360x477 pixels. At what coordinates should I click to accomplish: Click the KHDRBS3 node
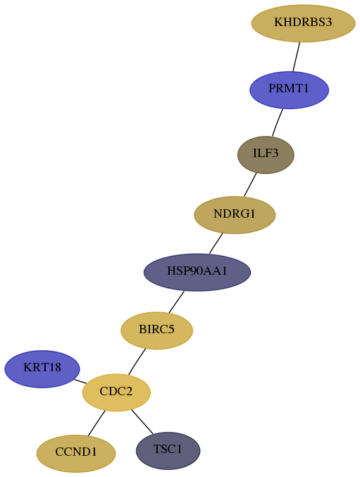click(x=303, y=23)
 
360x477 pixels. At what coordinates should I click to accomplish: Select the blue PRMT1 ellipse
click(x=289, y=90)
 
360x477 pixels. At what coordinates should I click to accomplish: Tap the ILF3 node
click(x=266, y=155)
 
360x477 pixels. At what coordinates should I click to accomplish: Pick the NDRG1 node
click(x=235, y=215)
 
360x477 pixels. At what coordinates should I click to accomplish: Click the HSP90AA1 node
click(x=197, y=272)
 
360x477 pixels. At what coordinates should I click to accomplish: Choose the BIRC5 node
click(x=157, y=330)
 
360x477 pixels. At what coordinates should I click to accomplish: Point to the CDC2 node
click(x=116, y=392)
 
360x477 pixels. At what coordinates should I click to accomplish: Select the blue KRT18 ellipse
click(x=42, y=369)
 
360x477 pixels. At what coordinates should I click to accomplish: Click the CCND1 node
click(x=76, y=454)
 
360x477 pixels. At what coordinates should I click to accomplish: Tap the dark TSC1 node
click(x=168, y=450)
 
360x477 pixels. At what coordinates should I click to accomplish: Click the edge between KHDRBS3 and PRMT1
click(x=297, y=57)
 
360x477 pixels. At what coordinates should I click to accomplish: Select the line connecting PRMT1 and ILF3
click(x=278, y=123)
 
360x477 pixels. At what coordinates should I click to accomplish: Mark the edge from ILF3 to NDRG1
click(x=250, y=185)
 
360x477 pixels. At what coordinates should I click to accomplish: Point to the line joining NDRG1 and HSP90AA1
click(x=216, y=243)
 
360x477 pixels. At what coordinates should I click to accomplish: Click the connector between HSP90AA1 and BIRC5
click(x=176, y=302)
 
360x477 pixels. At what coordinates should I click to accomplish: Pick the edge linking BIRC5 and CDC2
click(x=137, y=361)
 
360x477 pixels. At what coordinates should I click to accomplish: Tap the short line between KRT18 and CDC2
click(x=80, y=381)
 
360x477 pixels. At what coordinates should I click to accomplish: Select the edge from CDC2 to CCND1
click(x=97, y=423)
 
